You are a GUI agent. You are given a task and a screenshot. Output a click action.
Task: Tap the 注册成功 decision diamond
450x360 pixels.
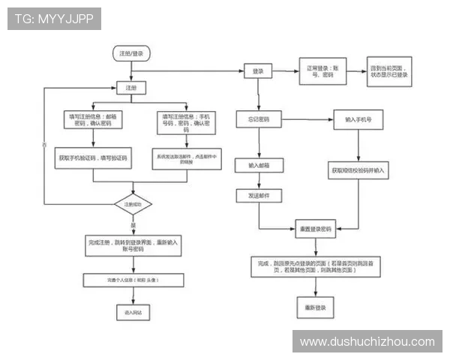click(x=133, y=204)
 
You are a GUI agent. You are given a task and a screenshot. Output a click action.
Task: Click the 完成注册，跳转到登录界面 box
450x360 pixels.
click(x=133, y=246)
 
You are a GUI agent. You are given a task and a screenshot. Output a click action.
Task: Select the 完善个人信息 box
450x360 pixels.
click(x=133, y=280)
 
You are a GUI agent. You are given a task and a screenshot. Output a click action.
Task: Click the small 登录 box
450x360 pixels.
click(x=258, y=71)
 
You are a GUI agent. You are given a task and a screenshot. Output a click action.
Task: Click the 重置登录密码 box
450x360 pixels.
click(x=316, y=228)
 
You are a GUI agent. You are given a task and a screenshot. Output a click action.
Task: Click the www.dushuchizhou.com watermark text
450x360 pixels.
click(x=367, y=342)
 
